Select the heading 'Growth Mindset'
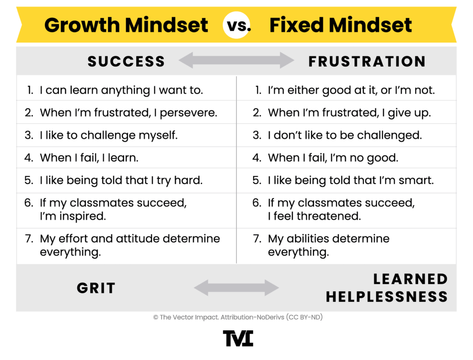point(126,25)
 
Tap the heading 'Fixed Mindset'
point(340,25)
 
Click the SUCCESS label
point(126,61)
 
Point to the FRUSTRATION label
point(367,61)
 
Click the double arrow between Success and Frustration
point(236,61)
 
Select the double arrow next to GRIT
point(236,288)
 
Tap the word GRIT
point(96,288)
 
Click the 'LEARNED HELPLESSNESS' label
point(387,287)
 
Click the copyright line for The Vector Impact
point(236,317)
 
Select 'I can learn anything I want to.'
point(121,90)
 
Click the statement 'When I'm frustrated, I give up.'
point(349,113)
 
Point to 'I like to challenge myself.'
point(109,135)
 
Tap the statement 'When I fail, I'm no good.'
point(333,158)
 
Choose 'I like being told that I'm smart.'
point(351,180)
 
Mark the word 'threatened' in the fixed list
point(329,216)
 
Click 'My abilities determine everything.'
point(328,245)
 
